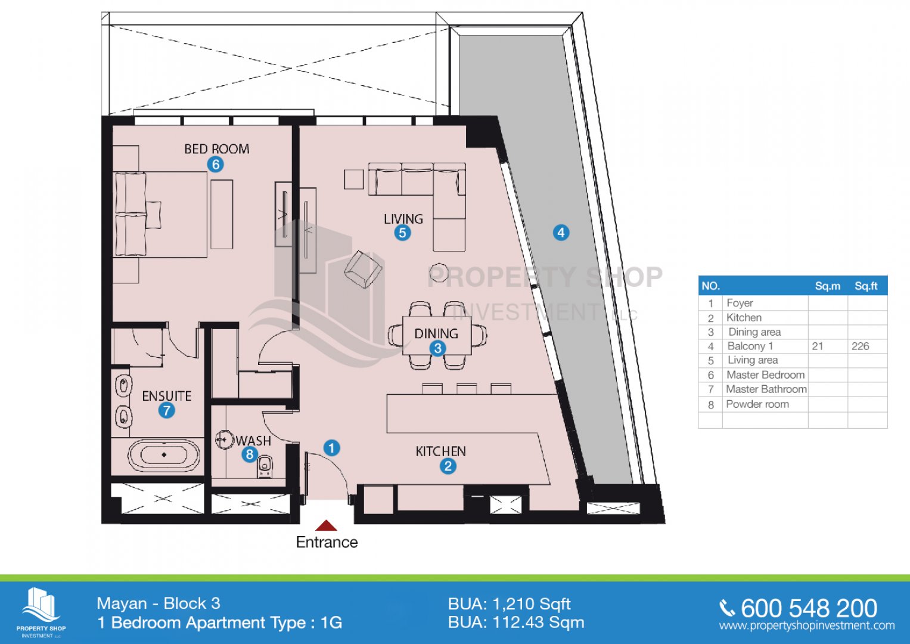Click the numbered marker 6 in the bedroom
click(215, 164)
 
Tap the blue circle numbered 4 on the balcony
click(560, 232)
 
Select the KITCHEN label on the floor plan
click(440, 451)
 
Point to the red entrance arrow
click(326, 525)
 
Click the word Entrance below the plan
click(327, 542)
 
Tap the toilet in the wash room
click(265, 467)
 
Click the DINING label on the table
click(436, 333)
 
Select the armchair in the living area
click(363, 270)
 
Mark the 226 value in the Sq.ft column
click(860, 346)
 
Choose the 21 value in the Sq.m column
click(818, 346)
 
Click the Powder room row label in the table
click(757, 404)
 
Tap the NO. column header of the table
click(710, 286)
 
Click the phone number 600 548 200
click(809, 608)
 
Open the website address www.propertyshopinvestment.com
click(806, 626)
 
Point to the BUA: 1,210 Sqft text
click(509, 604)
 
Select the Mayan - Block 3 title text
click(159, 603)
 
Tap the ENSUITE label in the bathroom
click(167, 396)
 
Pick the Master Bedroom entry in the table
click(765, 374)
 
